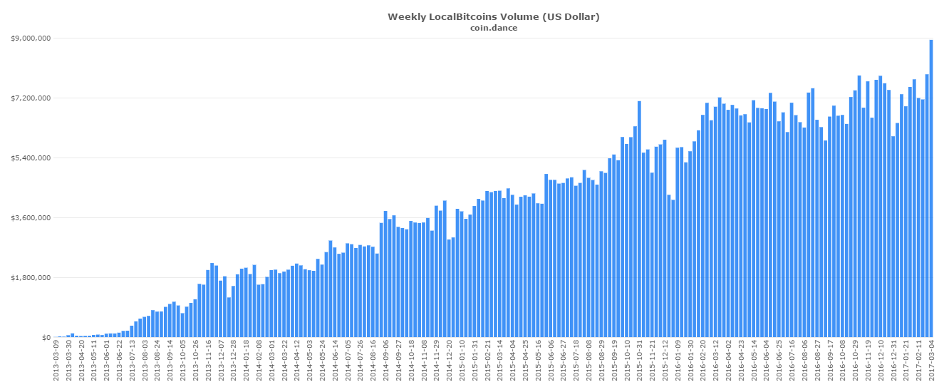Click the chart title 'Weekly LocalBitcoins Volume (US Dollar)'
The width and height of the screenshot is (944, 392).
pos(493,16)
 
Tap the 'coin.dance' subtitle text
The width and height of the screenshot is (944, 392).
pos(493,28)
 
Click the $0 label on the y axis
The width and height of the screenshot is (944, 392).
pos(44,338)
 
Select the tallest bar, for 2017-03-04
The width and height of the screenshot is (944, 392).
pos(931,188)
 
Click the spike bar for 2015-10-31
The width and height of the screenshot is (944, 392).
pos(639,220)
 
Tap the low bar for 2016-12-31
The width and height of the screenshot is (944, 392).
pos(893,237)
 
